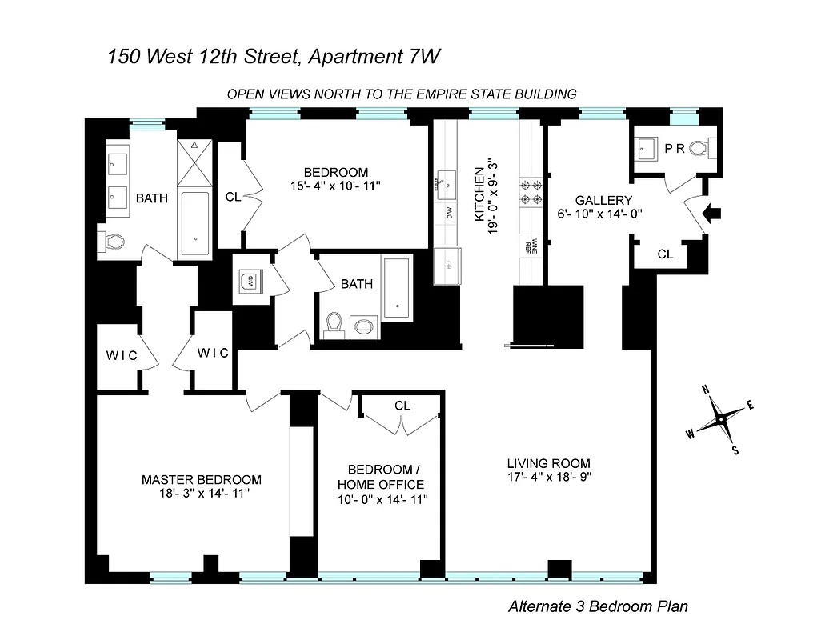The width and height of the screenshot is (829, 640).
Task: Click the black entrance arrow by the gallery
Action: [711, 214]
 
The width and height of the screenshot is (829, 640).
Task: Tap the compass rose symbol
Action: [720, 418]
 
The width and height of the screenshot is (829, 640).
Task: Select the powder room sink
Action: [647, 148]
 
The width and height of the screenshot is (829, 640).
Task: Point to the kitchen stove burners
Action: [531, 192]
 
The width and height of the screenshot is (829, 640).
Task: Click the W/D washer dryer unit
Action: [249, 280]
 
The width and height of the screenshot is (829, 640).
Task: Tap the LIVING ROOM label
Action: [548, 463]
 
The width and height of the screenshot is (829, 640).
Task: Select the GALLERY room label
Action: [604, 200]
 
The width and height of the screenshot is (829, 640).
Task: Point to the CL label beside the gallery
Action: [664, 254]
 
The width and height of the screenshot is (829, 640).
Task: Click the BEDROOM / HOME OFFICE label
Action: [380, 477]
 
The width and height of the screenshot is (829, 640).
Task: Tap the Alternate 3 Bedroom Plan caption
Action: [597, 606]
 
